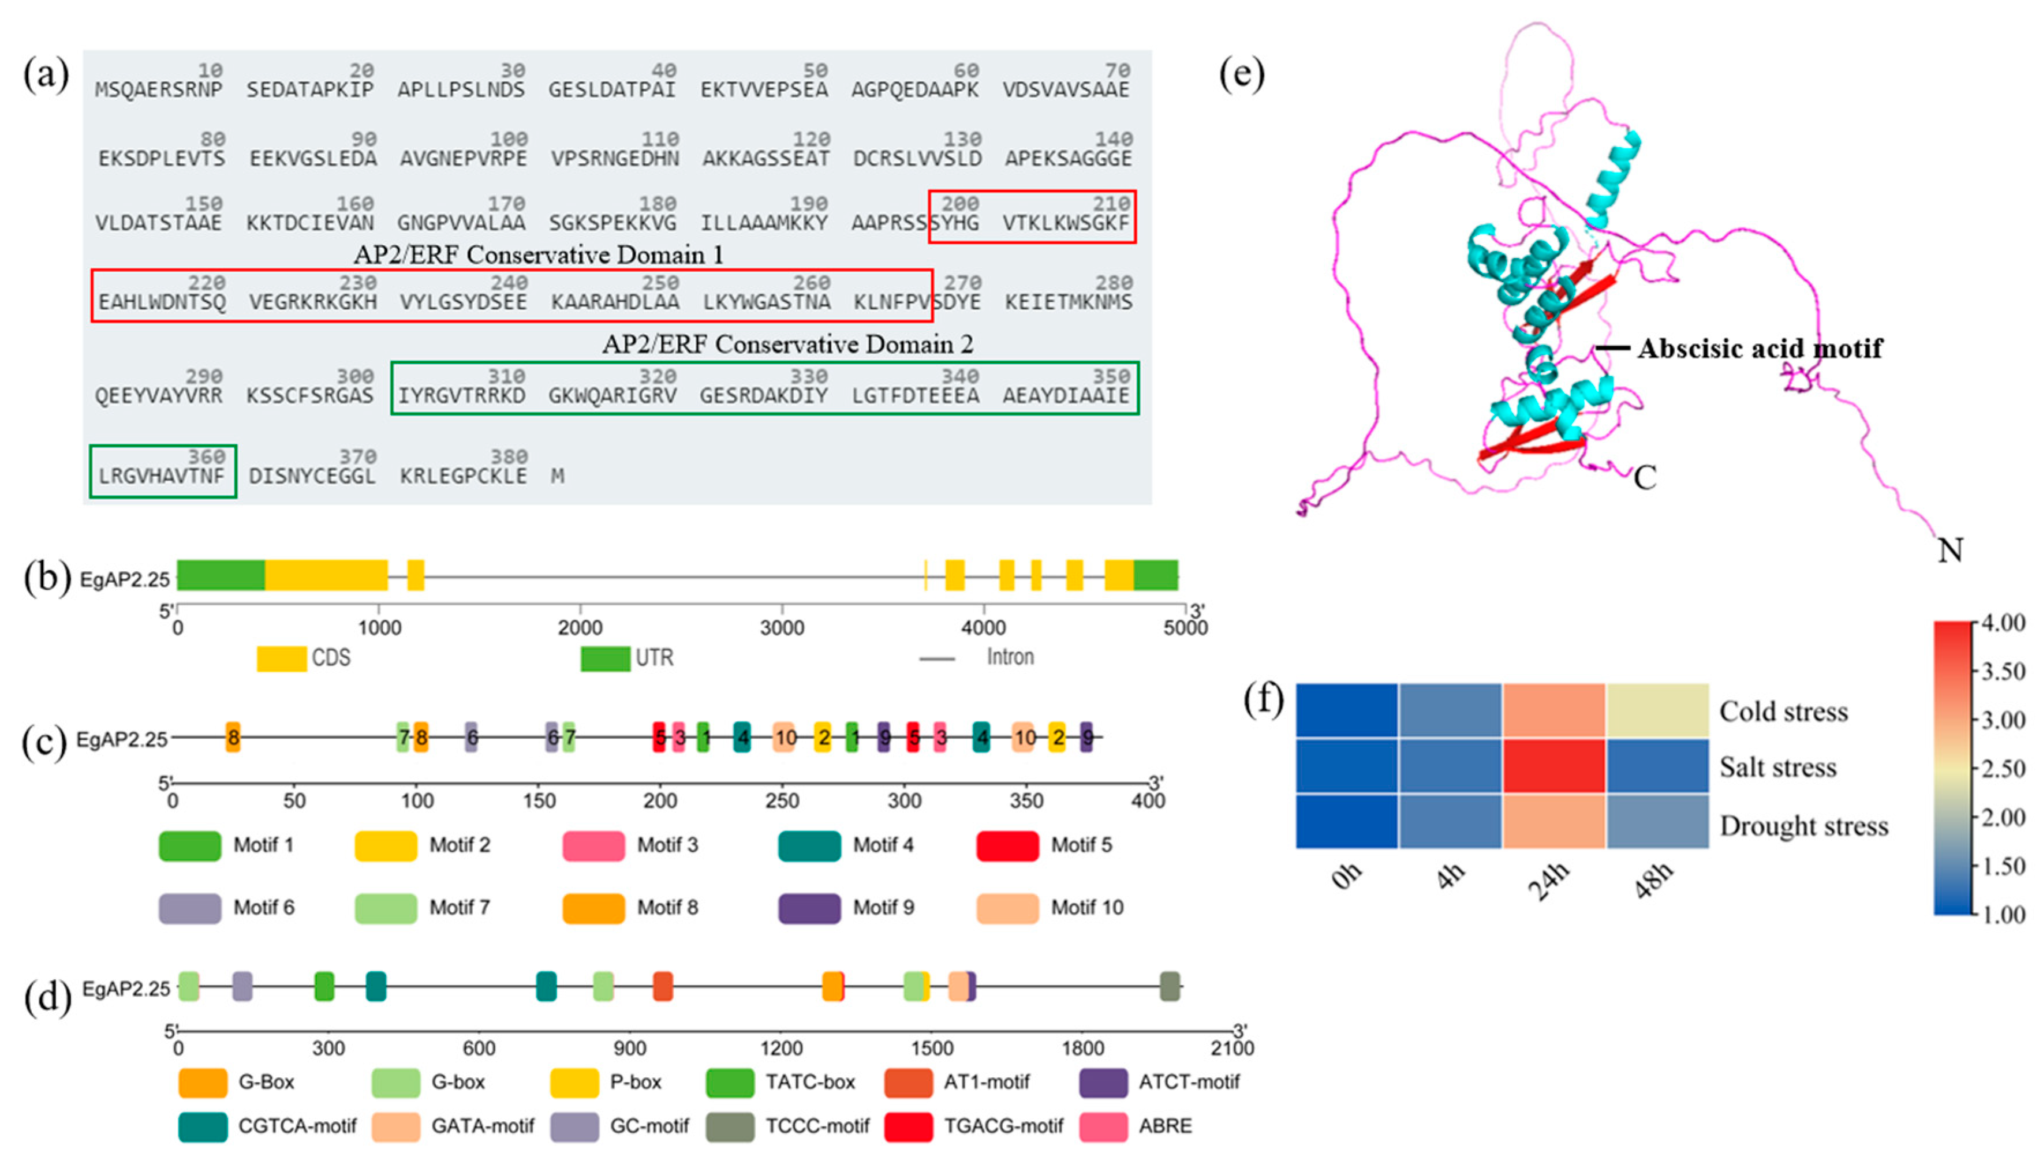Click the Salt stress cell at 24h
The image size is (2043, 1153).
(x=1553, y=766)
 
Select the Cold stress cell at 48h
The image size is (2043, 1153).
(x=1657, y=710)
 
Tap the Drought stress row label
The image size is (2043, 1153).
(x=1803, y=826)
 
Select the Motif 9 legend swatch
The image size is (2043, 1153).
(x=809, y=908)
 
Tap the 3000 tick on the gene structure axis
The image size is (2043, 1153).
(x=782, y=627)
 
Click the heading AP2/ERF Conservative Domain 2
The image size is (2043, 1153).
(x=787, y=344)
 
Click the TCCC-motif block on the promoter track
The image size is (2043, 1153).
(x=1170, y=986)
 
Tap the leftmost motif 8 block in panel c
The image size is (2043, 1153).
(x=233, y=738)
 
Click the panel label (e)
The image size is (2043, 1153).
(x=1241, y=74)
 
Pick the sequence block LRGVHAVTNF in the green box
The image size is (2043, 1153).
(x=162, y=476)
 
